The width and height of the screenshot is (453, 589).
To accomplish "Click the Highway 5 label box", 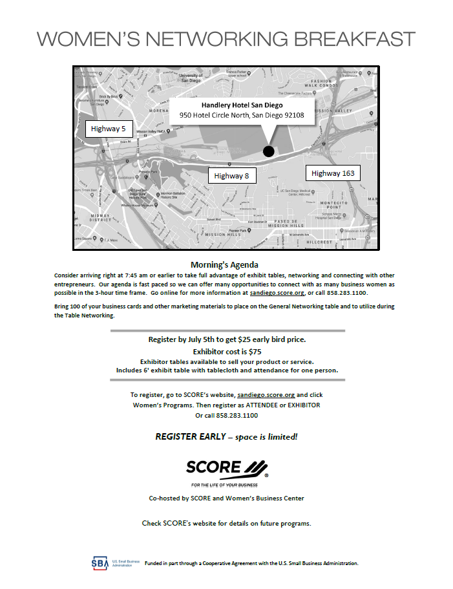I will [109, 129].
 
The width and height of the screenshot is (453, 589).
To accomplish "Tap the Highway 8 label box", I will [231, 175].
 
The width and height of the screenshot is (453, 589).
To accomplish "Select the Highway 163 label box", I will [332, 173].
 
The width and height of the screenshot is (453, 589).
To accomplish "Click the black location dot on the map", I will [269, 151].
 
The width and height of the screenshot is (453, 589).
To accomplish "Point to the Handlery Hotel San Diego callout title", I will [242, 105].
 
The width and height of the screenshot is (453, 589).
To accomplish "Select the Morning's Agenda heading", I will [224, 264].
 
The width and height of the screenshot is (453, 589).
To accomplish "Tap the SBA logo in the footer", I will [100, 562].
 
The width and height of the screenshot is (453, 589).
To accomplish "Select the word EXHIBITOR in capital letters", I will [301, 405].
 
